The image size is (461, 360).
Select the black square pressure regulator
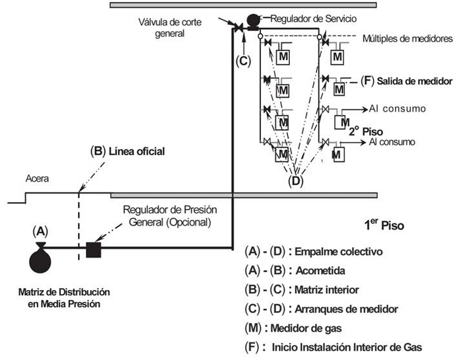(x=92, y=250)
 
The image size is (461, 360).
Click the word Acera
(x=38, y=178)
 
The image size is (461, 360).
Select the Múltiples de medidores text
(x=407, y=39)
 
